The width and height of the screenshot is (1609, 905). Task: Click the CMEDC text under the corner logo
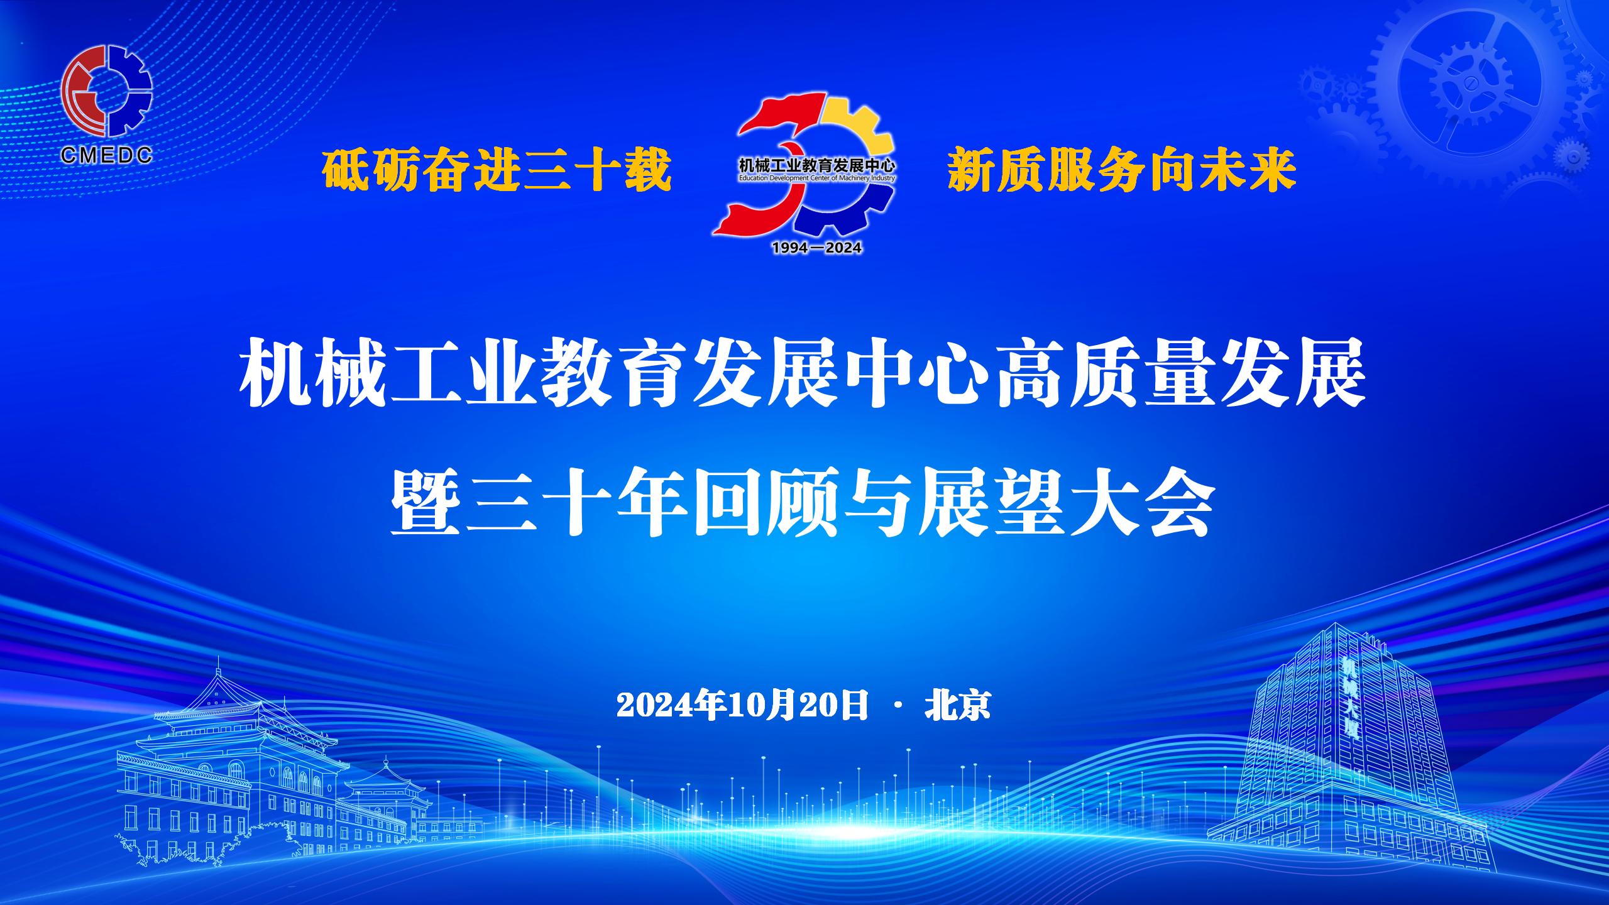point(107,155)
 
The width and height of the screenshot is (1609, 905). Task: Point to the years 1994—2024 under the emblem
point(816,248)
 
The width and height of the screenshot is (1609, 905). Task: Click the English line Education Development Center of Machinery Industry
point(816,178)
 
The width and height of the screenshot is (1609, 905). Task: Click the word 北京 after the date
point(957,705)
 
